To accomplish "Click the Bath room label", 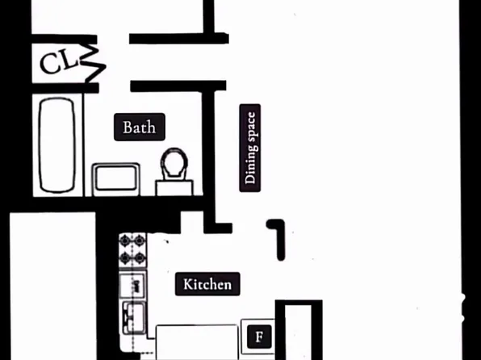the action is (140, 127).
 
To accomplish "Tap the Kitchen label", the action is (207, 284).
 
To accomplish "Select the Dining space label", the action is (250, 148).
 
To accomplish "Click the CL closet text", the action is (59, 63).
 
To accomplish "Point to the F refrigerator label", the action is (259, 337).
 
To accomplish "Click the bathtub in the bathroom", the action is (57, 144).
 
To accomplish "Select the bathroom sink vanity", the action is (116, 179).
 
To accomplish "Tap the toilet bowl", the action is (174, 163).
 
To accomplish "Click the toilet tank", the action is (174, 188).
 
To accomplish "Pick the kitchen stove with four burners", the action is (132, 250).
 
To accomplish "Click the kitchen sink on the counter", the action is (134, 318).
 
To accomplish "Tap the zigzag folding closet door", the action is (94, 63).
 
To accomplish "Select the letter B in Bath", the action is (128, 128).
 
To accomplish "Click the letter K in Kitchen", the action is (188, 284).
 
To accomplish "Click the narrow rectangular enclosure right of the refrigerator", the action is (299, 330).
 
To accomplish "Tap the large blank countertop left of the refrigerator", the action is (197, 342).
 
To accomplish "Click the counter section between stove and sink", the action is (132, 284).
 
